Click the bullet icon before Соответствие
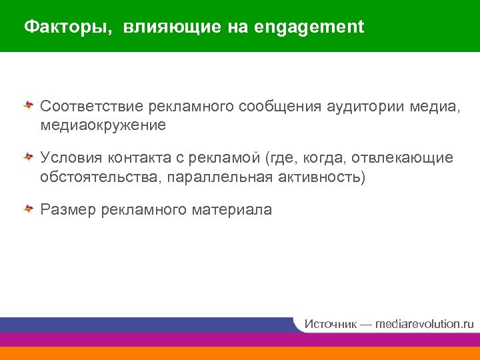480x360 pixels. (x=29, y=105)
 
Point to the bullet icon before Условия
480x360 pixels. (x=29, y=157)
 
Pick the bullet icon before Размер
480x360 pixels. (x=29, y=209)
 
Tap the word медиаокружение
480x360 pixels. (x=103, y=125)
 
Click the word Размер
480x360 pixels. (x=69, y=210)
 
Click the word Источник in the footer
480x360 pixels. (x=330, y=324)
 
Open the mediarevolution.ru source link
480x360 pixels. (x=424, y=324)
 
